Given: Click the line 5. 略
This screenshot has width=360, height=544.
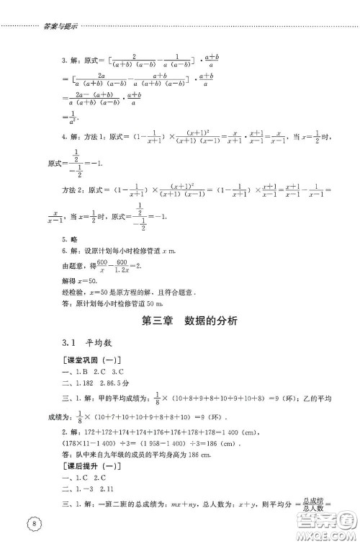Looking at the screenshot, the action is click(x=71, y=259).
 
